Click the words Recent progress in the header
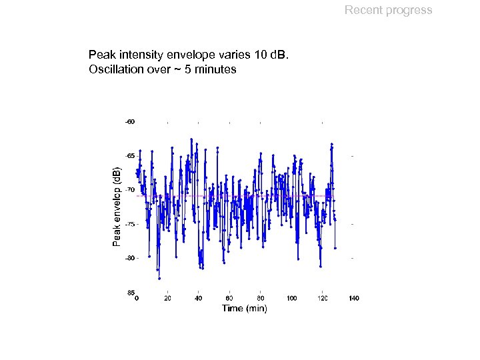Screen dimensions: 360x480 [x=388, y=10]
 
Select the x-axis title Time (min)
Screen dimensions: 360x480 [x=244, y=308]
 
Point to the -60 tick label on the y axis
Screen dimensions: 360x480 [x=131, y=121]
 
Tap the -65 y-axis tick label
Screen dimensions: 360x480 [x=131, y=155]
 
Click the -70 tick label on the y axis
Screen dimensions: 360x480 [x=131, y=189]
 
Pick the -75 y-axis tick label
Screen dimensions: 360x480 [x=131, y=223]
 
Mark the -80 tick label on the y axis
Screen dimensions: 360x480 [x=131, y=257]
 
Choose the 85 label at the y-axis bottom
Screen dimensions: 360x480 [x=131, y=292]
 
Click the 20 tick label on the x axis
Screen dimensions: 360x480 [x=167, y=298]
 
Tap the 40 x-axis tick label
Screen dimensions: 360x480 [x=198, y=298]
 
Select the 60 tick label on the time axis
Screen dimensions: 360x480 [x=229, y=298]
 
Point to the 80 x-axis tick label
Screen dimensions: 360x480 [x=261, y=298]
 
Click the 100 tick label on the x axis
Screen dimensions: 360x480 [x=291, y=298]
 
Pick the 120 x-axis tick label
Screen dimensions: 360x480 [x=323, y=298]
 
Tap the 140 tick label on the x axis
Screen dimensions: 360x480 [x=353, y=298]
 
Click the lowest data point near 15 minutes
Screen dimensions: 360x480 [x=159, y=278]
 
